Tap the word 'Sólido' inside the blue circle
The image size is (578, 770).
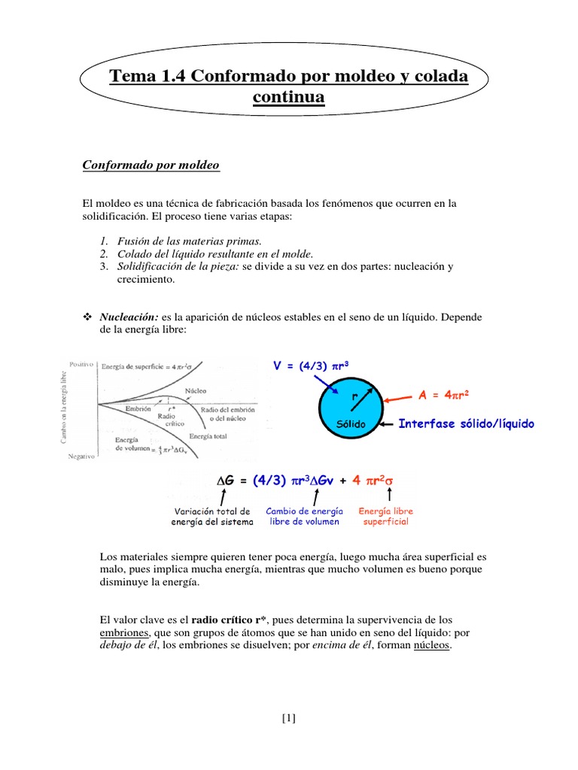(351, 425)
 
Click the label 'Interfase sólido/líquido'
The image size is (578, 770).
(466, 424)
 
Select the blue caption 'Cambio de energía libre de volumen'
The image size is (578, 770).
(304, 516)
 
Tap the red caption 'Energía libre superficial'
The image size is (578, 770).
(385, 516)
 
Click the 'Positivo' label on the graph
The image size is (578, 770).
(80, 364)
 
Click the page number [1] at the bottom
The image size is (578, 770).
(289, 717)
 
